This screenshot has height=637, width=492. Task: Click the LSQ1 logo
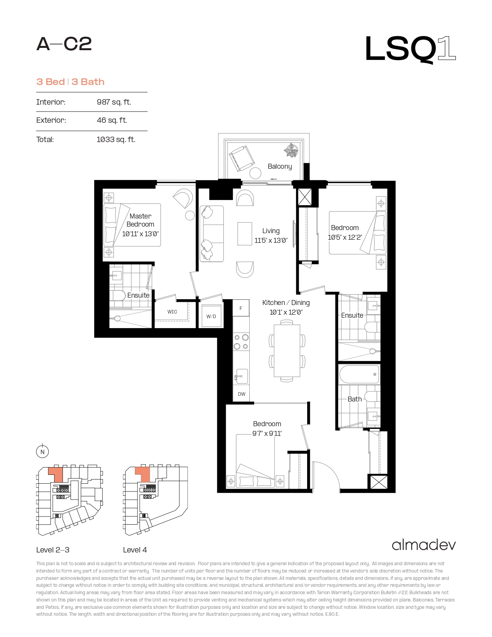tap(410, 49)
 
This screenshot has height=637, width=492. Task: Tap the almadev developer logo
tap(424, 545)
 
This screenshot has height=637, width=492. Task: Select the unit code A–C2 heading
tap(64, 44)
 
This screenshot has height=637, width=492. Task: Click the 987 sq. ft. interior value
tap(114, 102)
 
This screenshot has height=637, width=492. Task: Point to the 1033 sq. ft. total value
tap(116, 139)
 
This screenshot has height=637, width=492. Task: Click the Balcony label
tap(280, 166)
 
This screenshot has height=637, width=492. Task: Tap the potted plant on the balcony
tap(291, 150)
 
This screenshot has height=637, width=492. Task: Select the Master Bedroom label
tap(140, 220)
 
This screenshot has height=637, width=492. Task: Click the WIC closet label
tap(172, 312)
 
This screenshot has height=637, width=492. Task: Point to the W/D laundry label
tap(211, 317)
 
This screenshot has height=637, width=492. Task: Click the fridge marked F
tap(241, 308)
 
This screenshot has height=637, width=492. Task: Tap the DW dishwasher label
tap(242, 394)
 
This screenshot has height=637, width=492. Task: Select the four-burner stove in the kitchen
tap(241, 342)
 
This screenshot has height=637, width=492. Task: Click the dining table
tap(287, 351)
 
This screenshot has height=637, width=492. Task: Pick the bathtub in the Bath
tap(359, 374)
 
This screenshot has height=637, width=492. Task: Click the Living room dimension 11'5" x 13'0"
tap(271, 241)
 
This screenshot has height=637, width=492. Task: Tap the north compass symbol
tap(42, 452)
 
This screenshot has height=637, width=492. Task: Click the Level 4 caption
tap(135, 550)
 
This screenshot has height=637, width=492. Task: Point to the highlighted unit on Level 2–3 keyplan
tap(56, 474)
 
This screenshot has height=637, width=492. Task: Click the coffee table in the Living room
tap(245, 234)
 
